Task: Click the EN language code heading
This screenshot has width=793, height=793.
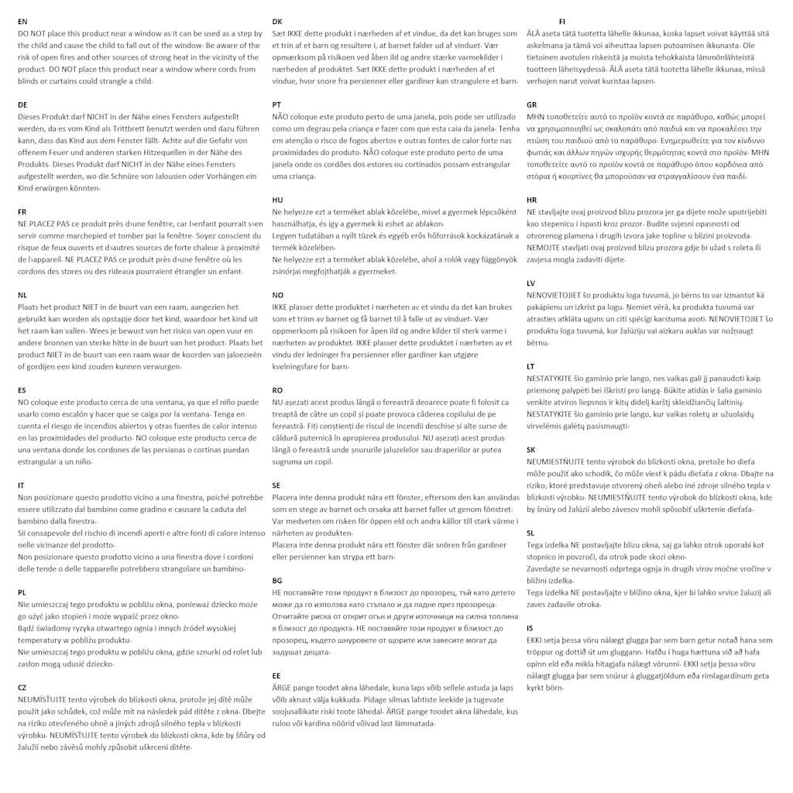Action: tap(22, 22)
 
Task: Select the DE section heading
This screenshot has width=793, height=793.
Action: tap(22, 105)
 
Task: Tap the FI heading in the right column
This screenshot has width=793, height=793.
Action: tap(562, 22)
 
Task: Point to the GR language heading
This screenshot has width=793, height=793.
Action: tap(532, 105)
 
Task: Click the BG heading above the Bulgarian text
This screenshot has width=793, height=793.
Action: tap(277, 580)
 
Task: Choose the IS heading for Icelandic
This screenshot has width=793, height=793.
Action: tap(530, 628)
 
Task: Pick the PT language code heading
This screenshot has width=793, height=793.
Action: tap(276, 105)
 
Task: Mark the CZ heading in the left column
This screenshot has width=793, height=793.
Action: tap(23, 688)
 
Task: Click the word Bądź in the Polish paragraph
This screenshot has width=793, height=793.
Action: tap(29, 628)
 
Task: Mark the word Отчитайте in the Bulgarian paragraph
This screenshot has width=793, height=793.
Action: tap(293, 616)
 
